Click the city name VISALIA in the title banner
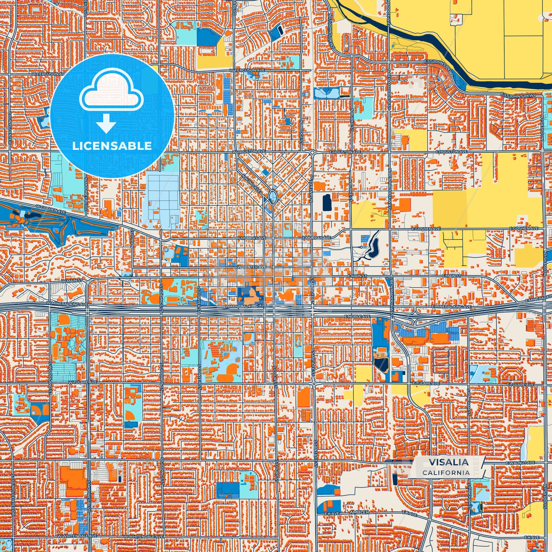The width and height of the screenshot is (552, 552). (448, 462)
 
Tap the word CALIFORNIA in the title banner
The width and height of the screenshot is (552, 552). (446, 473)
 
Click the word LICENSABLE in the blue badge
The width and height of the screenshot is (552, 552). (112, 146)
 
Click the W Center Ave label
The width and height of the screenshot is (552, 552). (251, 267)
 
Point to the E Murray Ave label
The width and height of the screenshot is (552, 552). (316, 238)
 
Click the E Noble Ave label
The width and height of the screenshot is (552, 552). (357, 316)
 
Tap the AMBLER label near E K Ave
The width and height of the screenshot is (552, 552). (359, 512)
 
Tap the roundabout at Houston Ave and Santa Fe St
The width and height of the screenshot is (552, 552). (312, 152)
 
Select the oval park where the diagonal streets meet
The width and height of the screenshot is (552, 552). (272, 197)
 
